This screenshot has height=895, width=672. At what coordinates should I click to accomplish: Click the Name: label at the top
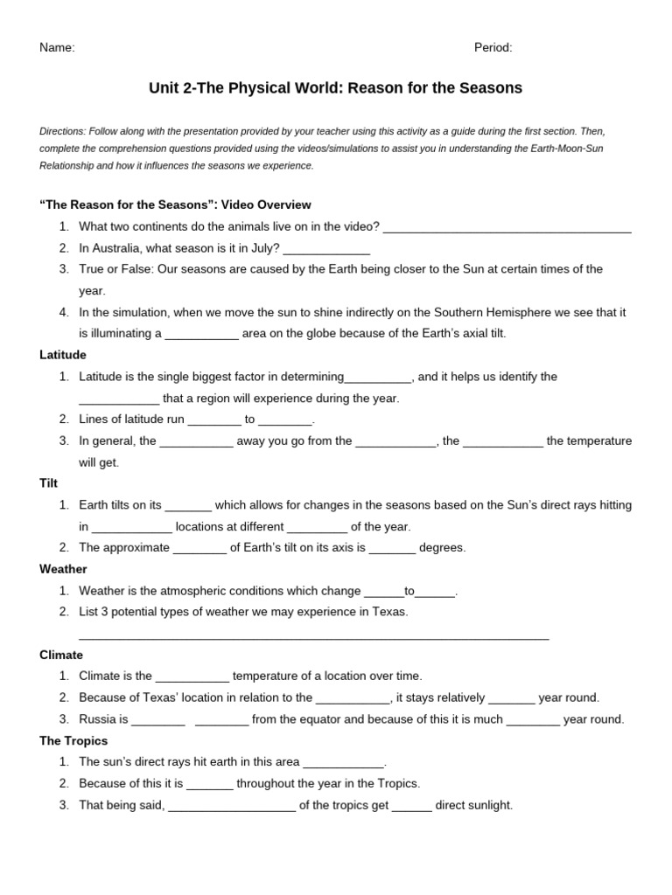click(x=57, y=48)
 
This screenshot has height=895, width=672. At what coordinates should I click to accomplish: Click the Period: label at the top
click(x=493, y=48)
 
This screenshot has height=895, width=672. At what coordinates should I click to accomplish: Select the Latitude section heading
click(x=63, y=355)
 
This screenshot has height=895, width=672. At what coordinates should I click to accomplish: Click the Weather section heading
click(x=63, y=569)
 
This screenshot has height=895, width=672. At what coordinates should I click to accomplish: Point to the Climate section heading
click(x=61, y=655)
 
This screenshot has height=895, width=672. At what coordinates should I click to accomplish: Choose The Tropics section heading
click(x=73, y=740)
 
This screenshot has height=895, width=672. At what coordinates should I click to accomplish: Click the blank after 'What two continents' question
click(x=507, y=231)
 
